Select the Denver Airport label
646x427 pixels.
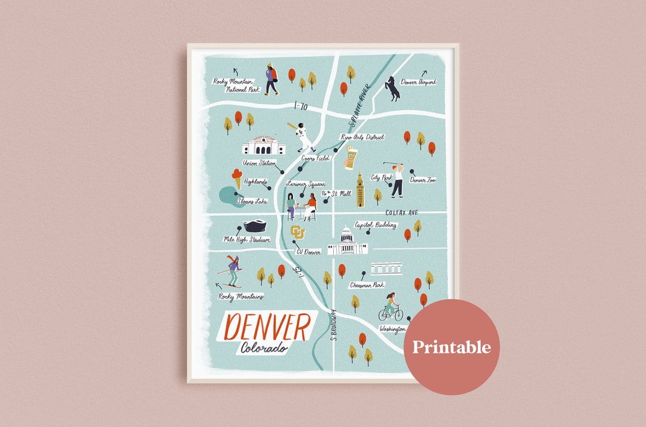(418, 82)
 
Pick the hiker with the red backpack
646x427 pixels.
(272, 79)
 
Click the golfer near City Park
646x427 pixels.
(397, 178)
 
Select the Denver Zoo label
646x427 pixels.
(422, 179)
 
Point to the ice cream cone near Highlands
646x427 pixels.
(238, 178)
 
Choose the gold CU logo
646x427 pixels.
(297, 231)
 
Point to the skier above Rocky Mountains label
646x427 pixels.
(232, 272)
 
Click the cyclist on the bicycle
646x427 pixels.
(391, 308)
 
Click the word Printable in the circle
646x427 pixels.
(451, 347)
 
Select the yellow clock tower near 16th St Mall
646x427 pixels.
(360, 190)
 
